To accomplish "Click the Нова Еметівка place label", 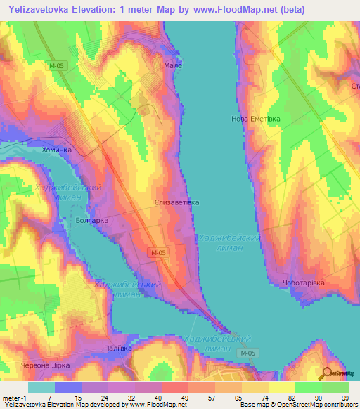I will pos(256,119).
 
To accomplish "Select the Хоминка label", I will pos(57,150).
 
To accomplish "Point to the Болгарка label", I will pos(91,221).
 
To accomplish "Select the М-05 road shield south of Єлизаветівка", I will pos(157,252).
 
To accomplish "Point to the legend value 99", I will pos(345,398).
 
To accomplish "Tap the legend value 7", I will pos(49,398).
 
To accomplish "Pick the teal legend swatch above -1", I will pos(41,387).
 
